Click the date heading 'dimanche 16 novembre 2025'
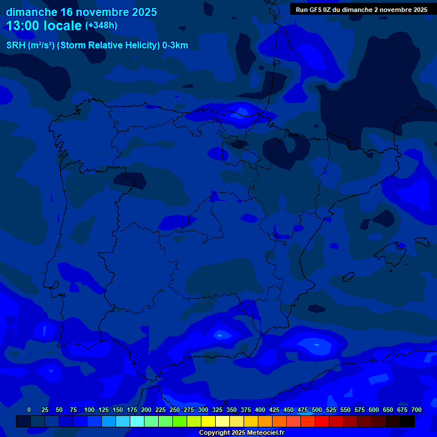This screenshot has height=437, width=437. [x=81, y=12]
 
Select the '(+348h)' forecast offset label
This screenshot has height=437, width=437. [x=101, y=26]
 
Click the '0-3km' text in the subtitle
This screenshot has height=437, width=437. [x=175, y=46]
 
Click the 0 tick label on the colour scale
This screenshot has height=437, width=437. [x=29, y=410]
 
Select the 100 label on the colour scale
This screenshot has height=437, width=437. [x=89, y=410]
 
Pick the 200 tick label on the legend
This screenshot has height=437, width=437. [x=146, y=410]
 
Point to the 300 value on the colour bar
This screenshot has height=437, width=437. [x=203, y=410]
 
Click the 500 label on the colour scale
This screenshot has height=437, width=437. [x=316, y=410]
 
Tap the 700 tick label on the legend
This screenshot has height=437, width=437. [x=416, y=410]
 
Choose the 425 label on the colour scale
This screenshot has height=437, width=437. [x=274, y=410]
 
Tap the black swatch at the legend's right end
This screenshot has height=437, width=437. [x=407, y=422]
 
